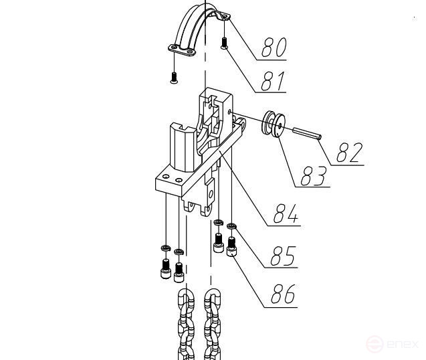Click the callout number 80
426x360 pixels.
point(274,47)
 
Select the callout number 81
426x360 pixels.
point(273,81)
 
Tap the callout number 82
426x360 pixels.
point(350,153)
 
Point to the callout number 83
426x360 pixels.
point(313,175)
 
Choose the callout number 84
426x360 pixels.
point(286,213)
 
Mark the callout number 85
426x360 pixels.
point(283,256)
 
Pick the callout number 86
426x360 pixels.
point(283,294)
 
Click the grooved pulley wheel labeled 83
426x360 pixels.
point(274,124)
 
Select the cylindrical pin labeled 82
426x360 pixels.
point(307,134)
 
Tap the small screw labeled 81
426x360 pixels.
point(224,43)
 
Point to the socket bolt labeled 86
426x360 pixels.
point(231,246)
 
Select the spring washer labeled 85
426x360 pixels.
point(232,226)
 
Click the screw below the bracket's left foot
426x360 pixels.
point(174,78)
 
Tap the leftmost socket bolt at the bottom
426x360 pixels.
point(165,268)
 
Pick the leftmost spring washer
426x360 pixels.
point(165,248)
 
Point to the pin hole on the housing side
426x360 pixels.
point(229,112)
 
